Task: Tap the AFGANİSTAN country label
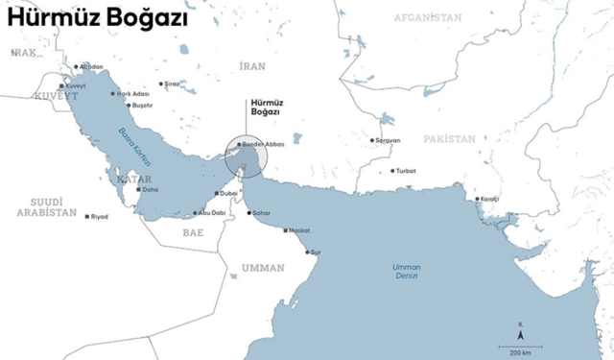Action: tap(429, 18)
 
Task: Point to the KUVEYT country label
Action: tap(55, 97)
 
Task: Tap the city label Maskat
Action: tap(299, 230)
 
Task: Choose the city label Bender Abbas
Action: tap(264, 144)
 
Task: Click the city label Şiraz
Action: tap(172, 84)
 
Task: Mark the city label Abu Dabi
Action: tap(211, 212)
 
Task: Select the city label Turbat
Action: tap(407, 171)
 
